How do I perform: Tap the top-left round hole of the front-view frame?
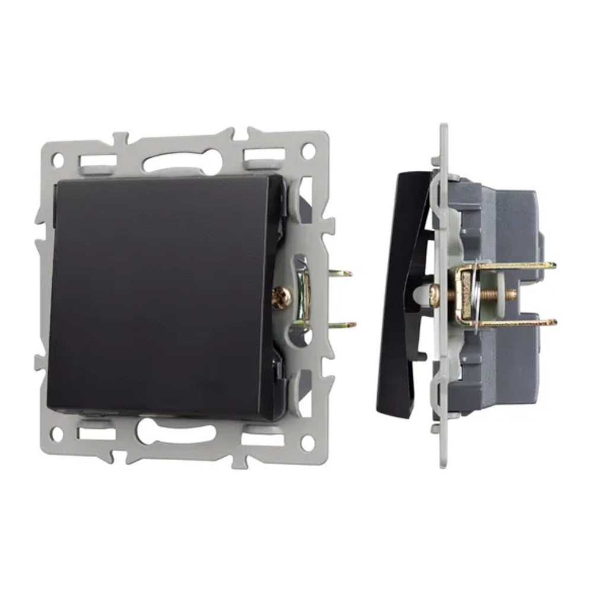(x=58, y=159)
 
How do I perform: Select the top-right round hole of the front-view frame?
(x=308, y=151)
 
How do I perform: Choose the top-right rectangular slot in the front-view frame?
(x=264, y=155)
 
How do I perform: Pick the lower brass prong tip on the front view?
(x=347, y=325)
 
